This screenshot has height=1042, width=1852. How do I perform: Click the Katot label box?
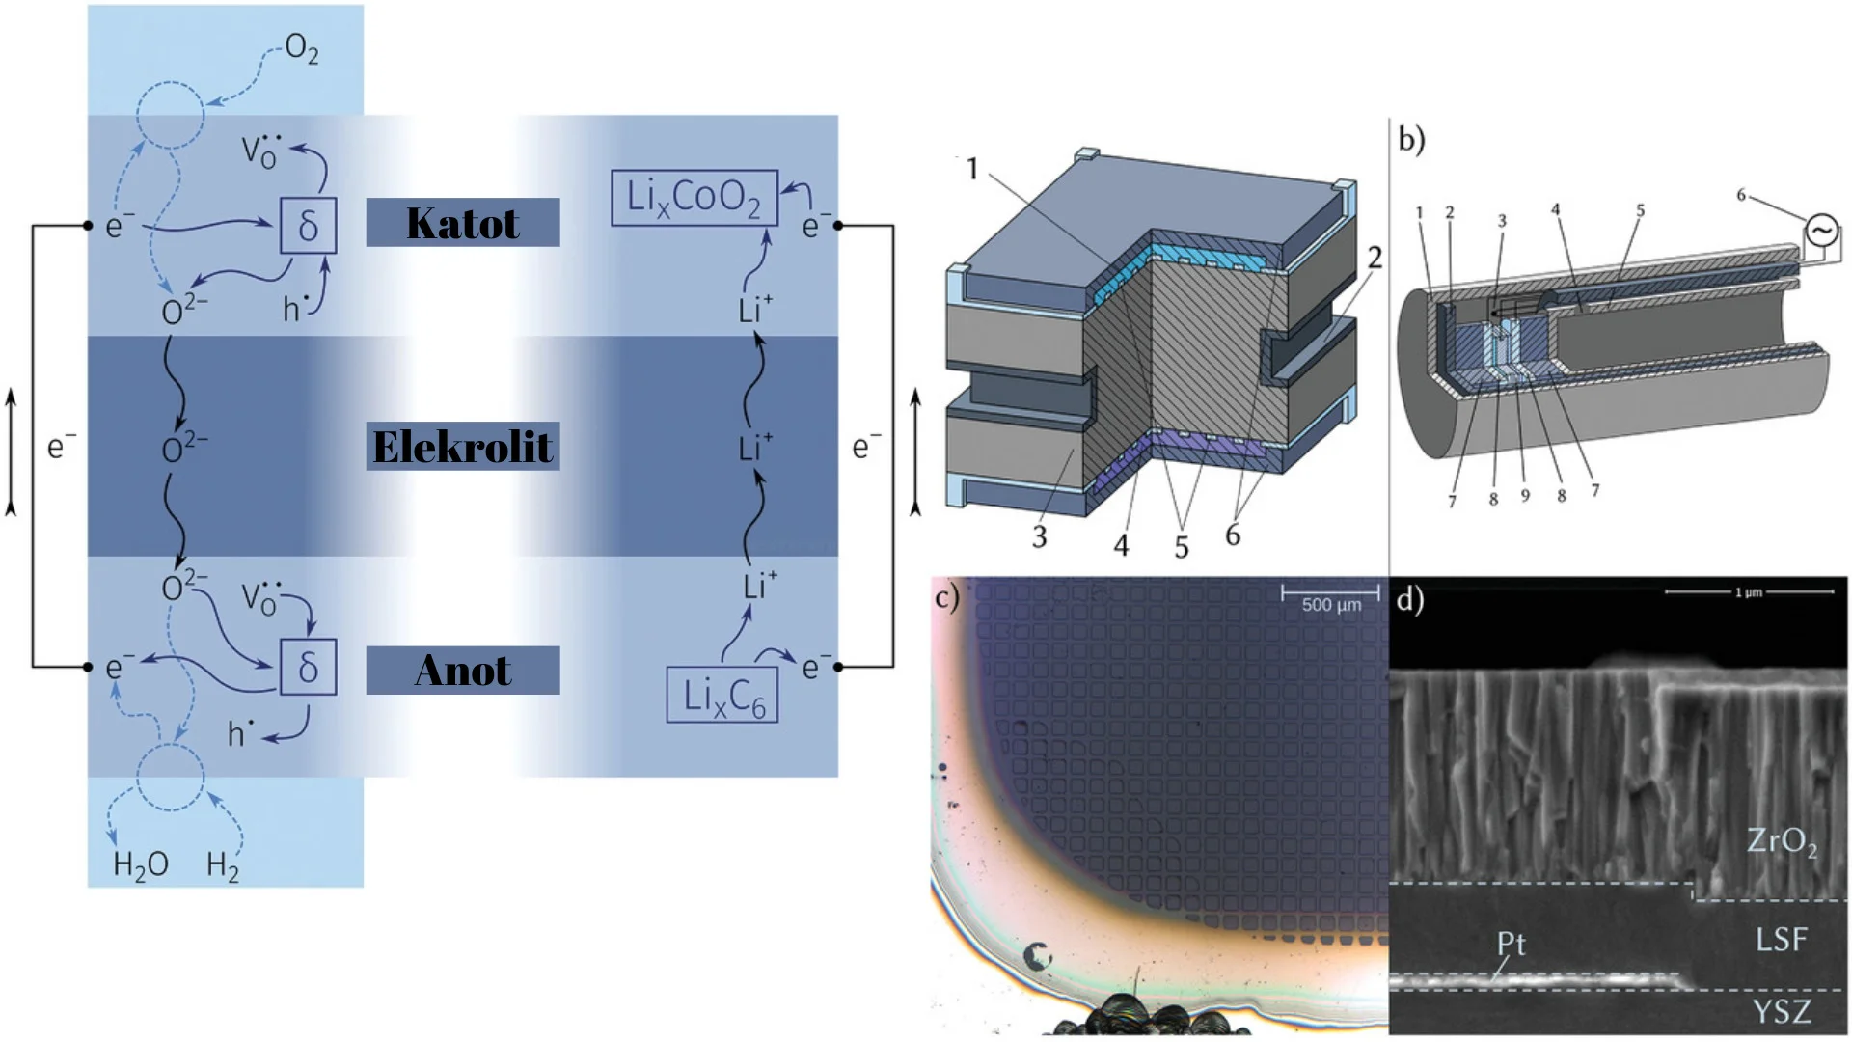[x=462, y=223]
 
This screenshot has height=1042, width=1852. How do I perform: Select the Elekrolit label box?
[x=462, y=447]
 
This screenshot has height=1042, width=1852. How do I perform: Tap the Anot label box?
[x=462, y=671]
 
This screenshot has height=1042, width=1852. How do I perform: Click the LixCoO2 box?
[x=694, y=198]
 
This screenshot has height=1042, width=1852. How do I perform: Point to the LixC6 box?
[x=722, y=696]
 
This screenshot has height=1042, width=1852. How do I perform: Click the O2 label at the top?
[x=301, y=48]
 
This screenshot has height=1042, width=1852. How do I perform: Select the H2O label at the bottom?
[x=141, y=865]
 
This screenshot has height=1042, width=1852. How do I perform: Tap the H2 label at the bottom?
[x=223, y=865]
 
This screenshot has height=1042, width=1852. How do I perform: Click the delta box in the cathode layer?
[x=308, y=226]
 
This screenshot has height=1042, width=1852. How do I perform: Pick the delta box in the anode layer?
[x=308, y=667]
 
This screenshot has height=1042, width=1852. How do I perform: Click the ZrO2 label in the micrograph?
[x=1782, y=841]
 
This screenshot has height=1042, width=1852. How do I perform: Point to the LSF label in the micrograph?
[x=1781, y=939]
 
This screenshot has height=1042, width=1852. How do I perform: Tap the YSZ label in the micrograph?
[x=1781, y=1012]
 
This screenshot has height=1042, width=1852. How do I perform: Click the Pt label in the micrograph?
[x=1512, y=943]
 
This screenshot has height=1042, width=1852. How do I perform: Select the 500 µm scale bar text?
[x=1331, y=605]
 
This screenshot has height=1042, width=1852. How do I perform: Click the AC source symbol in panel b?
[x=1822, y=231]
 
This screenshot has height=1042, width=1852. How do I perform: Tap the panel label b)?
[x=1411, y=140]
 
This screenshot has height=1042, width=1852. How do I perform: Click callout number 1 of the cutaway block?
[x=971, y=169]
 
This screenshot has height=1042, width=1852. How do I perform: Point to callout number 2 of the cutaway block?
[x=1375, y=258]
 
